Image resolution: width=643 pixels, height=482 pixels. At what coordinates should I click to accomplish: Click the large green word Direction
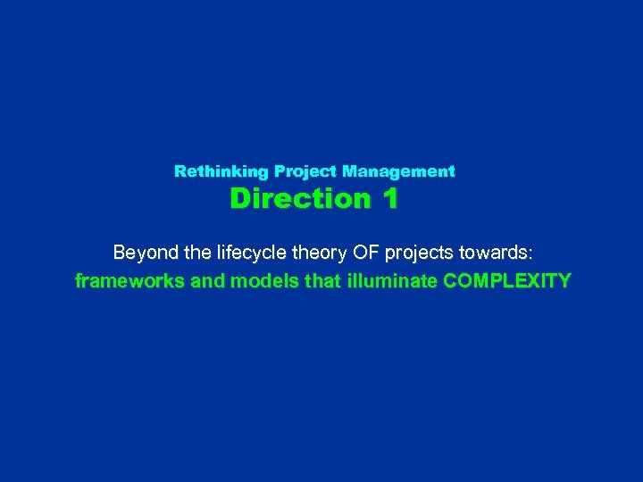click(x=299, y=198)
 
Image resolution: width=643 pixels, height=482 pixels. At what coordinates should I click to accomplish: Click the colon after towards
click(x=530, y=253)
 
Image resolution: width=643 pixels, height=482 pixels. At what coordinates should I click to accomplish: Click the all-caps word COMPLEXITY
click(x=506, y=281)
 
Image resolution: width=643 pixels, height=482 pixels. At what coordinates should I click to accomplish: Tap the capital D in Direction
click(x=240, y=198)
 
